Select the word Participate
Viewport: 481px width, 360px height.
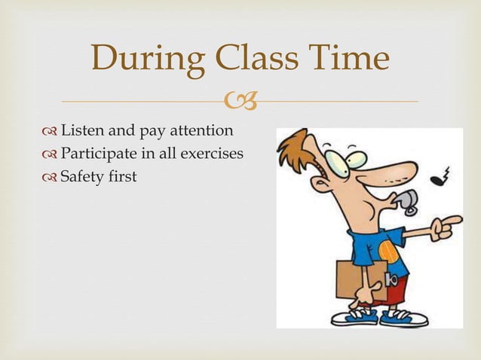pos(100,154)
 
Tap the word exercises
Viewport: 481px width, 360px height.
pos(210,154)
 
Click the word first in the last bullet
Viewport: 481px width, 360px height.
pos(123,178)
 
